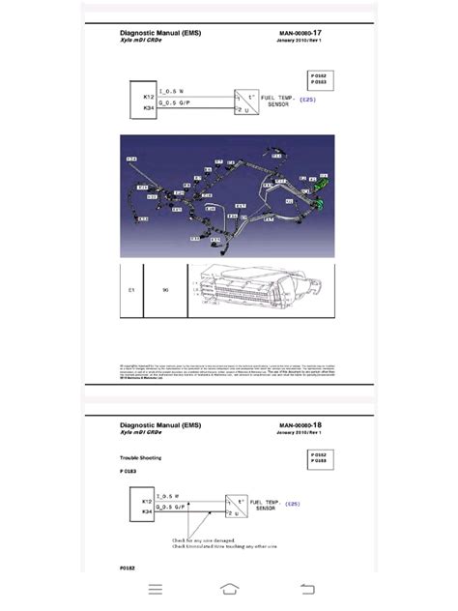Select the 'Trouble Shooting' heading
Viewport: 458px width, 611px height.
(140, 456)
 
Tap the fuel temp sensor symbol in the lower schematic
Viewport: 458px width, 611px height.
(236, 507)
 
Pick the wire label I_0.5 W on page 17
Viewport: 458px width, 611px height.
(172, 91)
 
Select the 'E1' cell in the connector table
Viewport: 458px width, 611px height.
(129, 288)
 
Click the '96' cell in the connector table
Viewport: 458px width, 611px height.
(166, 288)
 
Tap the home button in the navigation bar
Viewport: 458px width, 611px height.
(229, 589)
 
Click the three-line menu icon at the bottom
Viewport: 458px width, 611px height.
(155, 589)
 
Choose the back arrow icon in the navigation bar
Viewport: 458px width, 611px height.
(307, 589)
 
